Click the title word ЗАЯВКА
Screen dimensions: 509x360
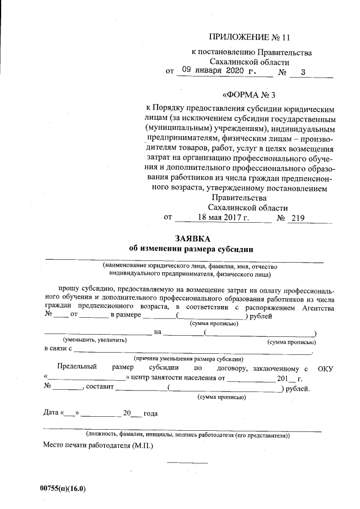click(192, 238)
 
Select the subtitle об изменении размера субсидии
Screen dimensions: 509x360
click(192, 249)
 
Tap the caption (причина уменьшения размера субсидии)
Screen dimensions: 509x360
click(188, 358)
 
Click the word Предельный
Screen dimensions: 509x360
click(78, 368)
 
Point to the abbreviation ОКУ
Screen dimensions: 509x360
click(326, 368)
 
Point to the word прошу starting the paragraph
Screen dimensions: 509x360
click(73, 289)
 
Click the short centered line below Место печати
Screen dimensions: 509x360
click(187, 462)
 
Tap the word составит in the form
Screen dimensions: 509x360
click(100, 388)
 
